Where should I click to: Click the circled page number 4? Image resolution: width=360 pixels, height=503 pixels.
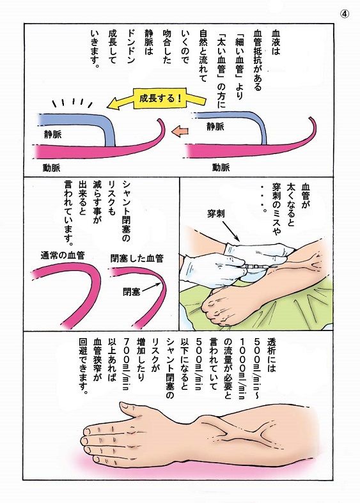(x=345, y=12)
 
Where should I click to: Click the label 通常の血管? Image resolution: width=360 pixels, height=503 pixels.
(x=63, y=256)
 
